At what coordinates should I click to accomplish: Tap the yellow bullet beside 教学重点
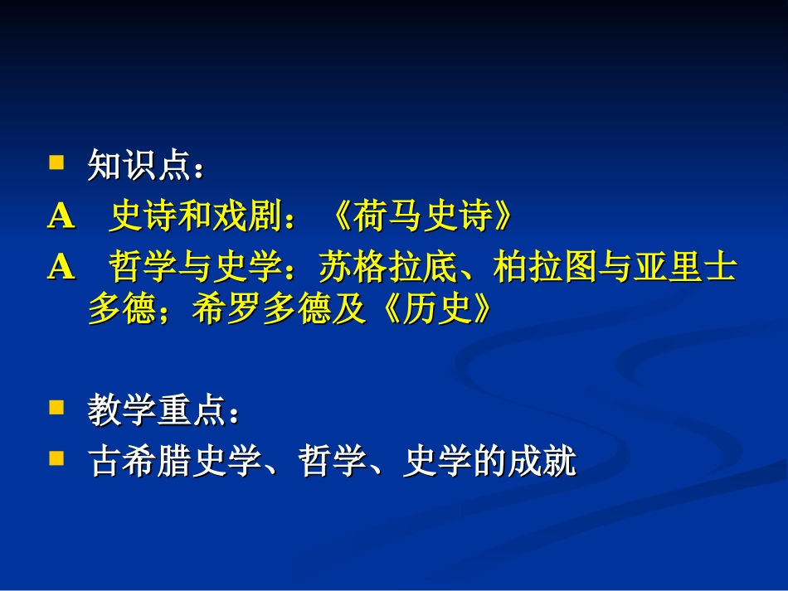point(56,408)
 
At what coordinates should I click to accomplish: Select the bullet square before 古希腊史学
point(56,457)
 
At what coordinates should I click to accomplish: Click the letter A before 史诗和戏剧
point(61,217)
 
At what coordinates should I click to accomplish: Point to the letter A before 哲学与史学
point(61,267)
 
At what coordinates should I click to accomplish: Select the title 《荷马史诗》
point(421,217)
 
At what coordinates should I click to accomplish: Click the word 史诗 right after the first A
point(138,217)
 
